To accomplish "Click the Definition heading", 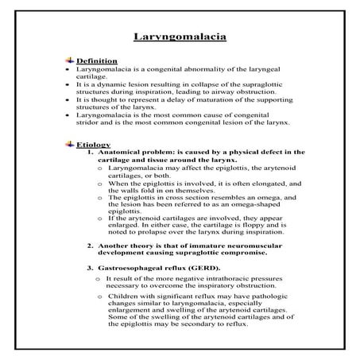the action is tap(98, 60).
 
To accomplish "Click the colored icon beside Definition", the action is tap(70, 60).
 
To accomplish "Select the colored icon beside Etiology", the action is tap(70, 144).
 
